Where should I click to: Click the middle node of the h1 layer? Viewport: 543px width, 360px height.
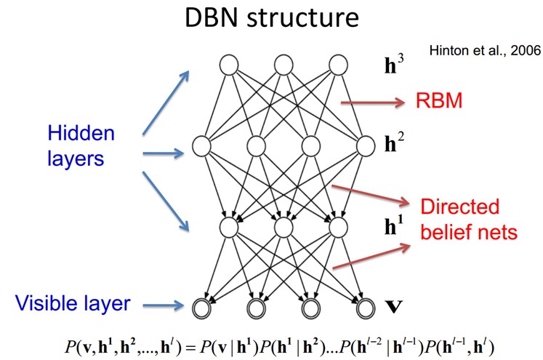283,226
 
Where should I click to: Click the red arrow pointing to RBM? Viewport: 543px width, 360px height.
371,103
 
